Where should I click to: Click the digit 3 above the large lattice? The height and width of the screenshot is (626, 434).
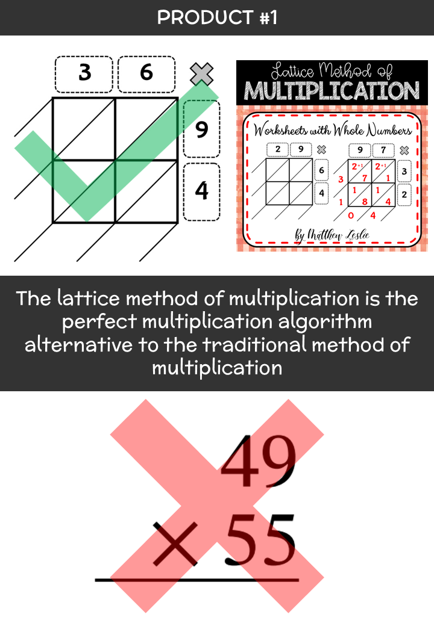85,73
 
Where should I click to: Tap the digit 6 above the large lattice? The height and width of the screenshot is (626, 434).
146,72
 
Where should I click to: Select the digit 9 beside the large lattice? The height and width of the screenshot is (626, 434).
202,129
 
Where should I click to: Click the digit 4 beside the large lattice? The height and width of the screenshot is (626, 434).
202,191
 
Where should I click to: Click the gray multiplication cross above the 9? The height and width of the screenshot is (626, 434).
201,74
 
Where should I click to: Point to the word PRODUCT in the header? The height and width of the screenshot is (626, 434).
205,17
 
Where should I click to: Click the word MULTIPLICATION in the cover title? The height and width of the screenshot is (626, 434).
332,91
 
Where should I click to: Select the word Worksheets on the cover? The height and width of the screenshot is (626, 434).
280,130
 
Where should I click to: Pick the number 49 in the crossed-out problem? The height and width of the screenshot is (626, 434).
259,461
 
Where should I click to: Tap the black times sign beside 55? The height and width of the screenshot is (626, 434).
175,544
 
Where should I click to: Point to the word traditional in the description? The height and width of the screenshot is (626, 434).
255,344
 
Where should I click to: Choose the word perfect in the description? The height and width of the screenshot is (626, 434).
99,322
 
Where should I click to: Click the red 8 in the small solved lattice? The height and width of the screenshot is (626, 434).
365,202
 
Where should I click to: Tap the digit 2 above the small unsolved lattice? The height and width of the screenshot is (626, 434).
278,149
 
